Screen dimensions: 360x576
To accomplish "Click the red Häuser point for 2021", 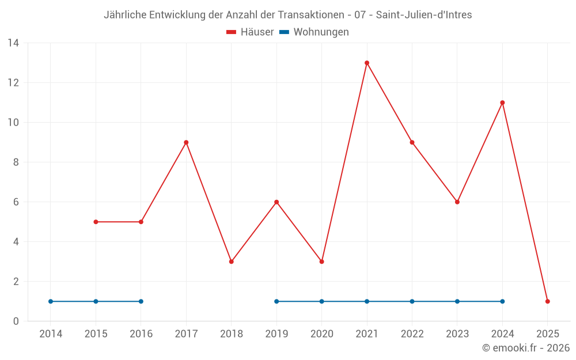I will (367, 63).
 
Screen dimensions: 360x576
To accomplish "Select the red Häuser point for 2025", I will (548, 301).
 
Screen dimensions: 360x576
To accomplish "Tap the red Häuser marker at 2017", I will (186, 142).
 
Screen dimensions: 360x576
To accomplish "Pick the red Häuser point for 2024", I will (502, 103).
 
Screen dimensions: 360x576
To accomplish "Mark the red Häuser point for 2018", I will (232, 262).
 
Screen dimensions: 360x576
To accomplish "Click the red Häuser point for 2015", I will (96, 222).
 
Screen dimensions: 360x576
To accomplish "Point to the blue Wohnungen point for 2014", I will (51, 301).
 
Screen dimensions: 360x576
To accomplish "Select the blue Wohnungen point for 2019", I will (276, 301).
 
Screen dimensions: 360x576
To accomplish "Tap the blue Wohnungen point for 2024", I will (502, 301).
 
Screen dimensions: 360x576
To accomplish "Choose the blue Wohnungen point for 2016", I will (141, 301).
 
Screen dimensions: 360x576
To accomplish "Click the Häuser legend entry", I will (250, 32).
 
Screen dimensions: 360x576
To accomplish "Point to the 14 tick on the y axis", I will (13, 43).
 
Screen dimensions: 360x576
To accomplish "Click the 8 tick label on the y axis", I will (16, 162).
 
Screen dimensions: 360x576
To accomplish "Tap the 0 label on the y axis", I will (16, 321).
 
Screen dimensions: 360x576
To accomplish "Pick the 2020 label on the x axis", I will (321, 334).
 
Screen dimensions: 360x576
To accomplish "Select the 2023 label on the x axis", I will (457, 334).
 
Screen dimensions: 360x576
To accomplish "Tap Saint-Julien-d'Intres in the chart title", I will (424, 15).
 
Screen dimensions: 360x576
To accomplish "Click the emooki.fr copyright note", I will (526, 348).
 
